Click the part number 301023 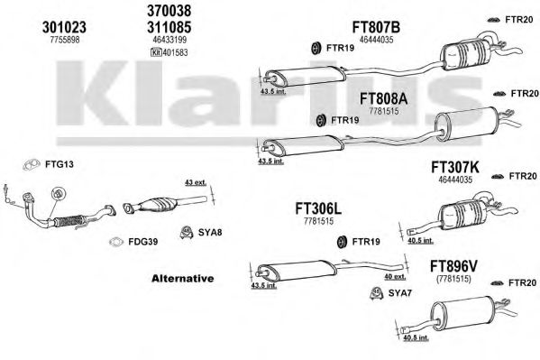[64, 27]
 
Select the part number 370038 [169, 11]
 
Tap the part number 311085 [169, 27]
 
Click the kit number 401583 [175, 52]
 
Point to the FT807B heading [376, 27]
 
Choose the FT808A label [383, 99]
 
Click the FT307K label [455, 168]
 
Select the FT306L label [318, 208]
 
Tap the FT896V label [453, 266]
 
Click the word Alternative [182, 278]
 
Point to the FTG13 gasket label [59, 164]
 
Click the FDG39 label [143, 242]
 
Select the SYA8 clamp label [210, 233]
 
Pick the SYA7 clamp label [400, 293]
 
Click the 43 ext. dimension [196, 182]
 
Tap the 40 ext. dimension [395, 277]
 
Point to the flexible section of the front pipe [69, 221]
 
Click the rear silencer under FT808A [464, 123]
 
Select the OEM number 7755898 [65, 40]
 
